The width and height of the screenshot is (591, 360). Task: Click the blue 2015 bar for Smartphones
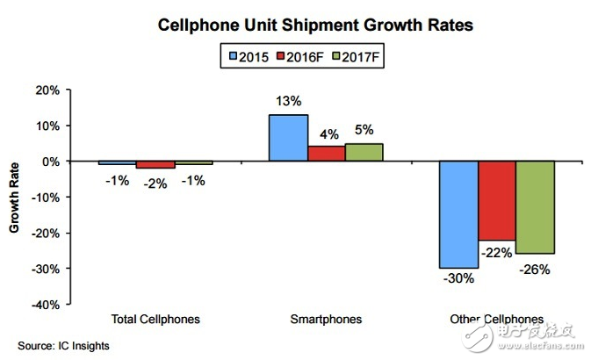(288, 138)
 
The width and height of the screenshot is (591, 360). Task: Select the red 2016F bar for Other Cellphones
(496, 200)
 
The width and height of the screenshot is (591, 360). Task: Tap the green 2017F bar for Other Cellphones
(535, 207)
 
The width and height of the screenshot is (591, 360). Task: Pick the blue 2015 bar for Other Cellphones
(458, 214)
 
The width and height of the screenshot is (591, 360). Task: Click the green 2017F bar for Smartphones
(364, 152)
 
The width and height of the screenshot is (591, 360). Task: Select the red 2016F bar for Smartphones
(326, 154)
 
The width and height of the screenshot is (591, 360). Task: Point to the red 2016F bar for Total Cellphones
(155, 165)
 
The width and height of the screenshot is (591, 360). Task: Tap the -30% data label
(458, 279)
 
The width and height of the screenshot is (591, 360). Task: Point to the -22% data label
(497, 252)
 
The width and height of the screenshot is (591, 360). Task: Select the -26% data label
(534, 269)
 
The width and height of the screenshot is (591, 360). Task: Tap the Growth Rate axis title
(15, 198)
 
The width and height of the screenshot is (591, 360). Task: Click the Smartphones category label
(326, 319)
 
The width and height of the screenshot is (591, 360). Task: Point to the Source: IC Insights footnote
(64, 346)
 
